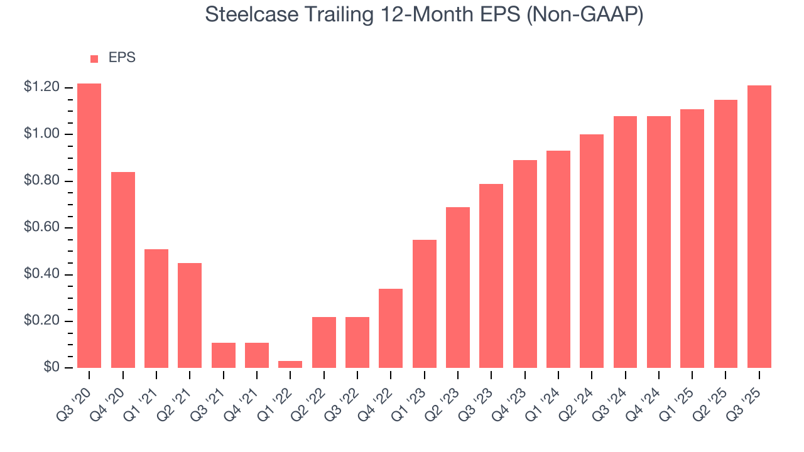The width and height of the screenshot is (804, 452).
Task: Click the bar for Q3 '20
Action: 89,226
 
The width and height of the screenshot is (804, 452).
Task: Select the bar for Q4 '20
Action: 123,270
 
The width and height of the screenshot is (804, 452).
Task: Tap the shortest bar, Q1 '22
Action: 290,364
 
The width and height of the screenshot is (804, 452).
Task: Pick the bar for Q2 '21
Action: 190,315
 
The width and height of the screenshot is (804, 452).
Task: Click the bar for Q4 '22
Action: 391,328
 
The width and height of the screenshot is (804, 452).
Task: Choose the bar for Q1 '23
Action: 425,304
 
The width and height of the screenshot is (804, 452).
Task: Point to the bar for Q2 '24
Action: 592,251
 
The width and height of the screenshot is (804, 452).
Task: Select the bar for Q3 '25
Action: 759,227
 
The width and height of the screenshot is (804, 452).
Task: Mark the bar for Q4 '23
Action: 525,264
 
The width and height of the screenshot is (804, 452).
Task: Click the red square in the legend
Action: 94,58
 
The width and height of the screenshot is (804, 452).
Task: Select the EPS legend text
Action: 122,58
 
